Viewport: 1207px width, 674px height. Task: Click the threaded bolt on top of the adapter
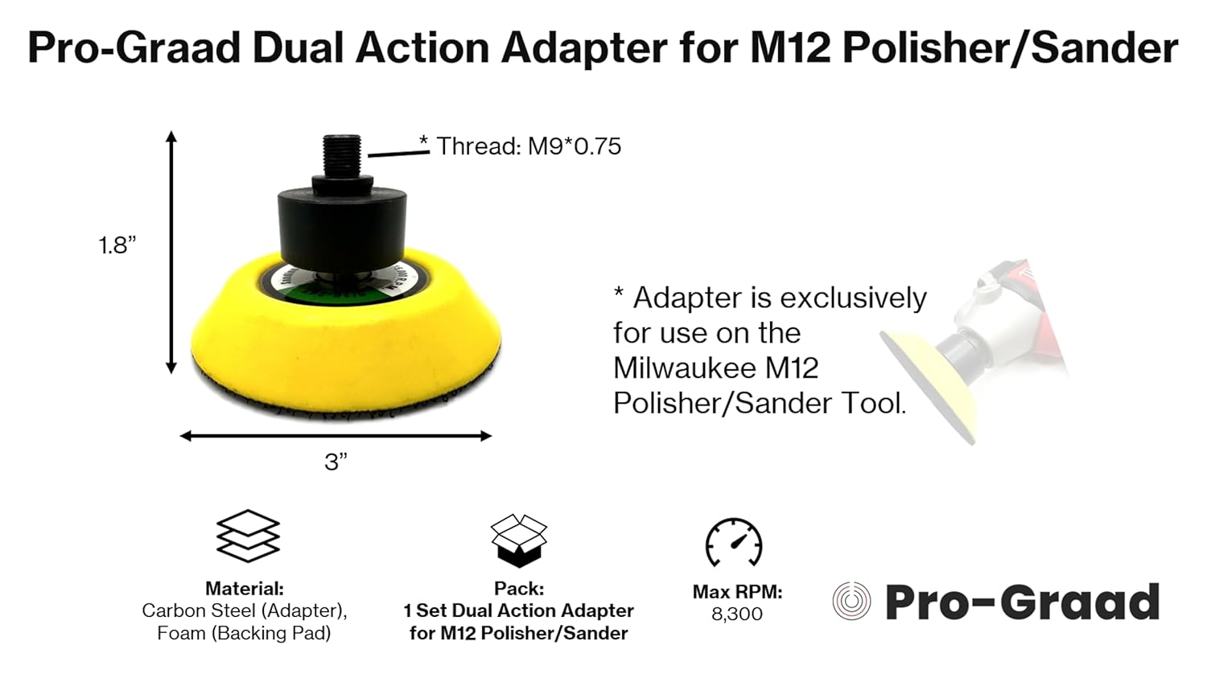[x=342, y=156]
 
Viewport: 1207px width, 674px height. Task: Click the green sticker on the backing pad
[x=343, y=294]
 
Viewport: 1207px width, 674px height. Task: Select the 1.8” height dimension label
[x=117, y=245]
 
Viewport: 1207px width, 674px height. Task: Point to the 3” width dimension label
[x=336, y=462]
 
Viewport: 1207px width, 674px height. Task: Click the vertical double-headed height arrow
[x=171, y=252]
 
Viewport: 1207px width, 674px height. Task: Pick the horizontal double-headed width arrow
[x=336, y=436]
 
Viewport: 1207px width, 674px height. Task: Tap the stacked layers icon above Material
[x=248, y=536]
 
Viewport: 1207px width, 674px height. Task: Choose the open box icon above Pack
[x=519, y=540]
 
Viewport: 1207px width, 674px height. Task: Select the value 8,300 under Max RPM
[x=737, y=614]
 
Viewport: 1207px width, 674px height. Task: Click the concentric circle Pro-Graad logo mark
[x=851, y=601]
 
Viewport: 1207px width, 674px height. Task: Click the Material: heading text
[x=245, y=588]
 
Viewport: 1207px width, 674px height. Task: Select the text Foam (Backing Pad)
[x=244, y=633]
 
